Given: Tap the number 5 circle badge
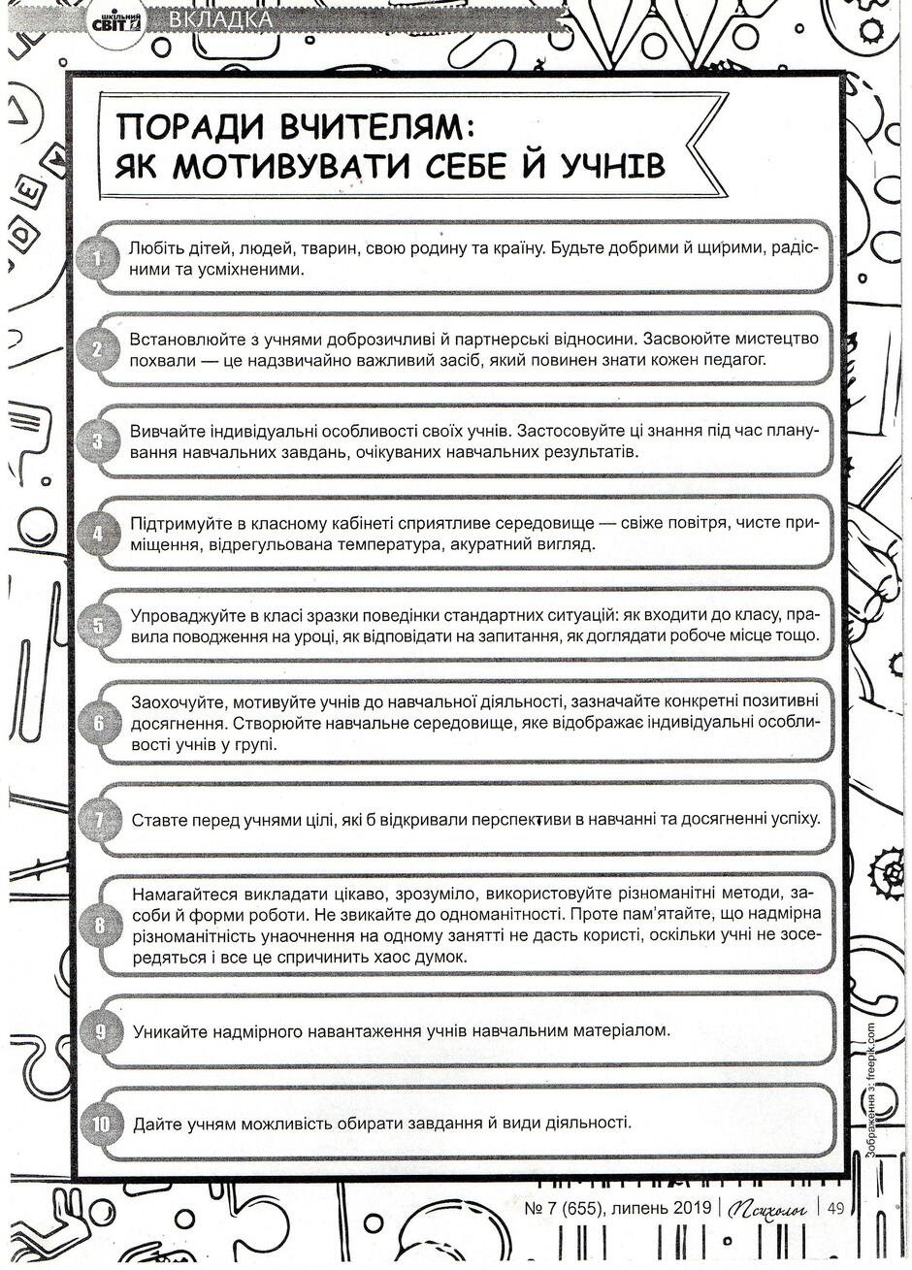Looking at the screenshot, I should [x=97, y=626].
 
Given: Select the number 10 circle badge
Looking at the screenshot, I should [x=101, y=1124].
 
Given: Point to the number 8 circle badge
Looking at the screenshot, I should [x=97, y=925].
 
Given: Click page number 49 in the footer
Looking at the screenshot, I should [x=835, y=1208].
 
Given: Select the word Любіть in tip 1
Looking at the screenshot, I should [x=156, y=248].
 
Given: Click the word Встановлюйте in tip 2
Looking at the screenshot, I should [x=181, y=340].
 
